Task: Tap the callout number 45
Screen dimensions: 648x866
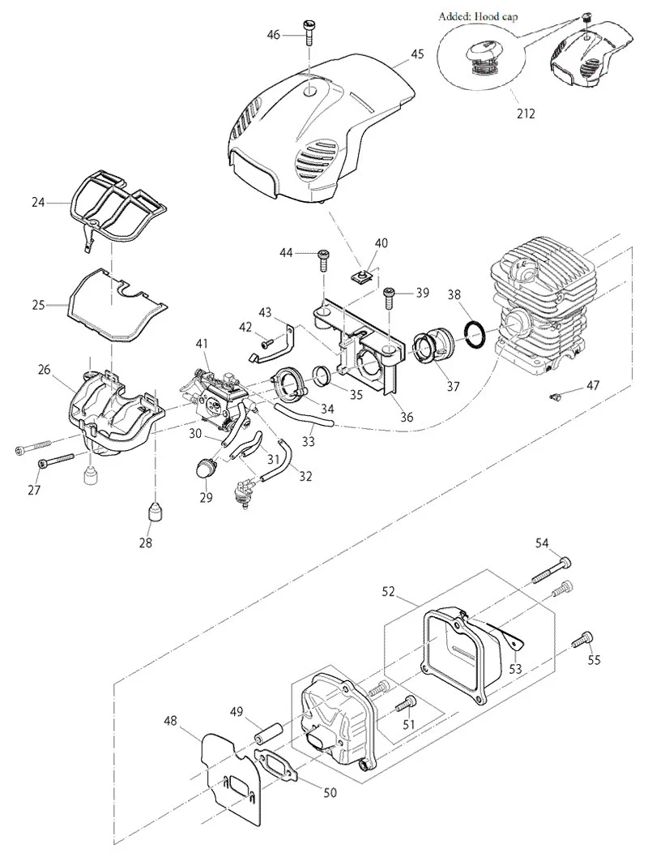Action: pyautogui.click(x=417, y=54)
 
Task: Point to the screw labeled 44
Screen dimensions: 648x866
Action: pyautogui.click(x=322, y=259)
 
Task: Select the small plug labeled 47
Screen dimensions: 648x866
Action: pyautogui.click(x=557, y=396)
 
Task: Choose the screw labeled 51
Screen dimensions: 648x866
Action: pyautogui.click(x=405, y=704)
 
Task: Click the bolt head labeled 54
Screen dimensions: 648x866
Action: pyautogui.click(x=564, y=563)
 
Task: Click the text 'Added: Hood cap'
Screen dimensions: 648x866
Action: pyautogui.click(x=478, y=16)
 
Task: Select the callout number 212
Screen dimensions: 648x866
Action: pyautogui.click(x=526, y=114)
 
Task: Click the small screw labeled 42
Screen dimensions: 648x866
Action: pyautogui.click(x=267, y=342)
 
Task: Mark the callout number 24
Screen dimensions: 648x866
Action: pyautogui.click(x=38, y=203)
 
